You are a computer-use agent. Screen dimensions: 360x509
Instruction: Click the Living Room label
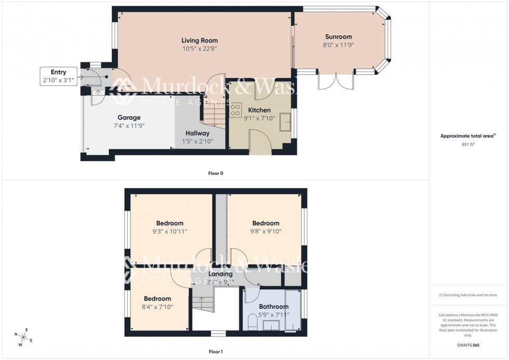199,41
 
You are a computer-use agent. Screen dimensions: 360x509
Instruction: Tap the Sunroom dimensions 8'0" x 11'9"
338,45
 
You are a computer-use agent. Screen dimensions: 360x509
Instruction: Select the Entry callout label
58,72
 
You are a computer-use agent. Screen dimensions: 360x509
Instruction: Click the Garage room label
129,117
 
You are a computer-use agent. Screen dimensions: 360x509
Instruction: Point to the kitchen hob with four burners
235,110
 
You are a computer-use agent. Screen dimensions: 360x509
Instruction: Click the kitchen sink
285,123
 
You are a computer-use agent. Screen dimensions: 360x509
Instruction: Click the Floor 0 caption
216,173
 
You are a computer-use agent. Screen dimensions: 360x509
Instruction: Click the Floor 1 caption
216,352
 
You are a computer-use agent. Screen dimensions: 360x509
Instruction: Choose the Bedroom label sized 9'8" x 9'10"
265,223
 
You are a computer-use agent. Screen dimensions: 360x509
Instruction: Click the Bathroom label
274,306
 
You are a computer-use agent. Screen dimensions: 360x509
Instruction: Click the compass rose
23,336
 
